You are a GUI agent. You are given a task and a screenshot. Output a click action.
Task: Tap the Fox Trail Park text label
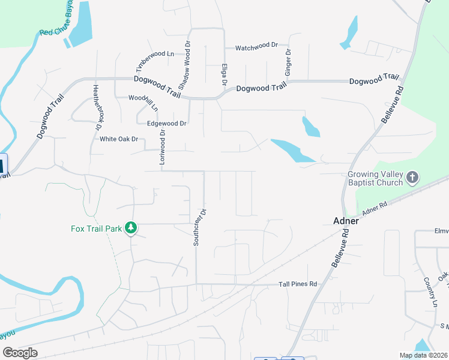pyautogui.click(x=97, y=229)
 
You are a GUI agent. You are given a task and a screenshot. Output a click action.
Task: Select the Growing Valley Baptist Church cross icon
pyautogui.click(x=412, y=178)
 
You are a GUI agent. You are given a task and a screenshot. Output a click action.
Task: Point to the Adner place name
pyautogui.click(x=346, y=221)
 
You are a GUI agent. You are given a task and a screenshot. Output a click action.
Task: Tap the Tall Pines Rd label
pyautogui.click(x=297, y=284)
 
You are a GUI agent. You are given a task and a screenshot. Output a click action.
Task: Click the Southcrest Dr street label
pyautogui.click(x=199, y=227)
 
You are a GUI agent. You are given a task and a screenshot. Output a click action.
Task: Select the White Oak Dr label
pyautogui.click(x=119, y=139)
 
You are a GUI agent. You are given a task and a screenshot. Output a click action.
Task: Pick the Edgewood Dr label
pyautogui.click(x=167, y=124)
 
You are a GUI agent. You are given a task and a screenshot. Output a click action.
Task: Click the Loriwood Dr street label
pyautogui.click(x=162, y=148)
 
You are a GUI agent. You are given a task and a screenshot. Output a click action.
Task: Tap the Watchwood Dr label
pyautogui.click(x=257, y=46)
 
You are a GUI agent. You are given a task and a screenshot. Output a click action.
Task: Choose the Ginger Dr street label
pyautogui.click(x=289, y=62)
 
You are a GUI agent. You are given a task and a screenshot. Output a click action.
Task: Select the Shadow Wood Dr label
pyautogui.click(x=187, y=62)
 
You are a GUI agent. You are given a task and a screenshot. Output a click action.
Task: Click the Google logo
pyautogui.click(x=20, y=352)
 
